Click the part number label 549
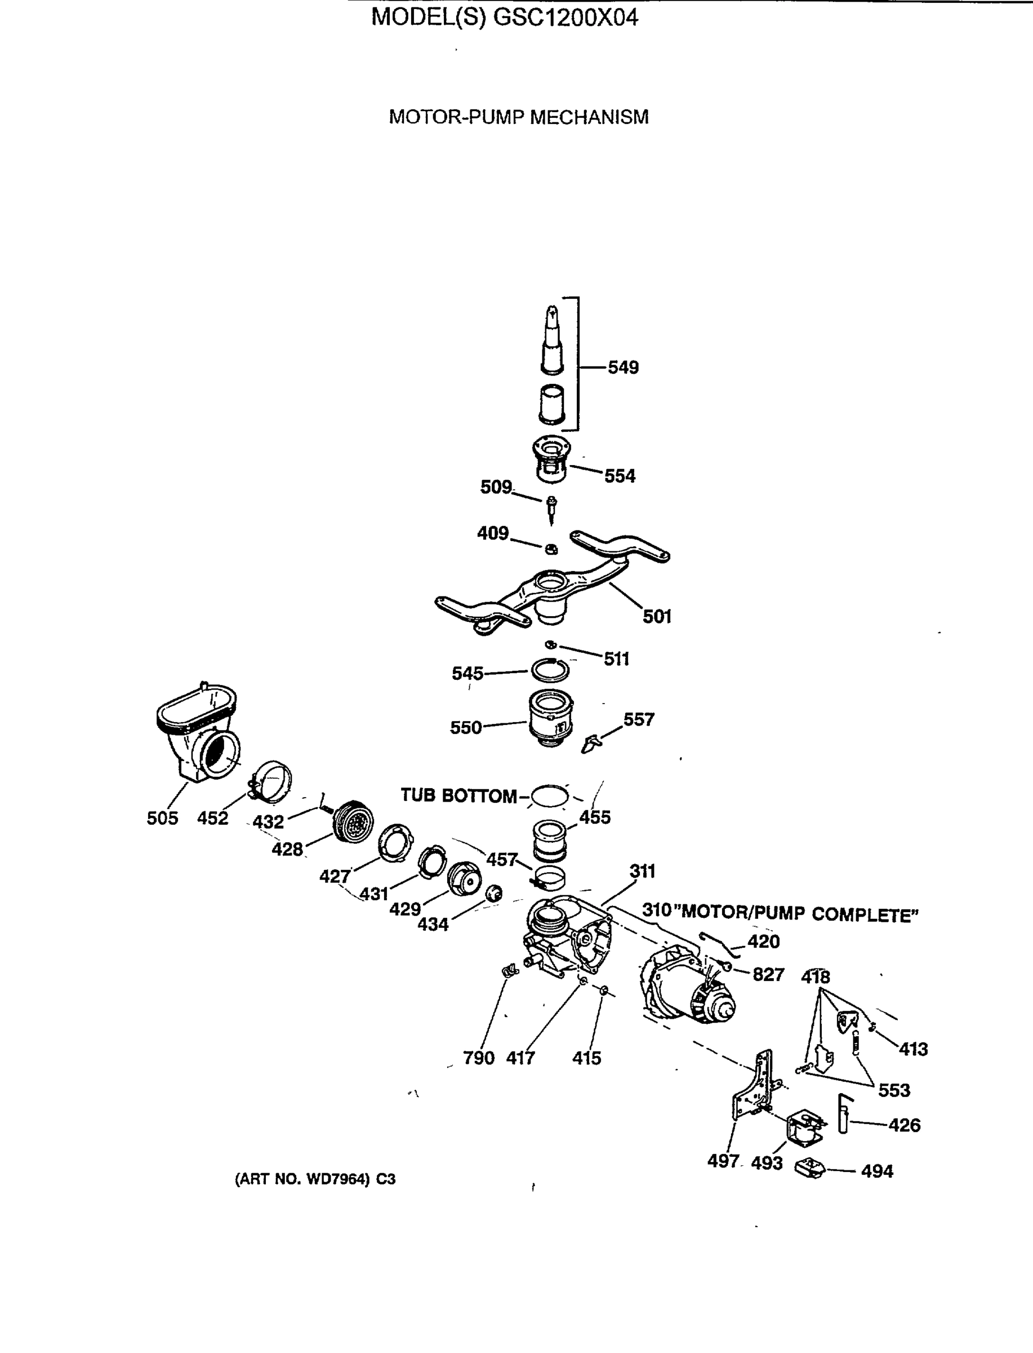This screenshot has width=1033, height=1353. point(623,368)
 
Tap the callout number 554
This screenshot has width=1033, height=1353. point(619,476)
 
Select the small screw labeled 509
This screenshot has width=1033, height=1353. point(551,510)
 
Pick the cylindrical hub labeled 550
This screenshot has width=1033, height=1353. point(551,718)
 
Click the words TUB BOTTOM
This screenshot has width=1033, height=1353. point(458,795)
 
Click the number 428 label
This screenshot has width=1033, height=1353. point(287,849)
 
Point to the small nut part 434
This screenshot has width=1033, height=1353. point(494,893)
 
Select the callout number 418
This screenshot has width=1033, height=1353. point(816,976)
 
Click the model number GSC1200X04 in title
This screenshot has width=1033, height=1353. point(566,17)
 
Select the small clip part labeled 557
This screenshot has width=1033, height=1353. point(590,742)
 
